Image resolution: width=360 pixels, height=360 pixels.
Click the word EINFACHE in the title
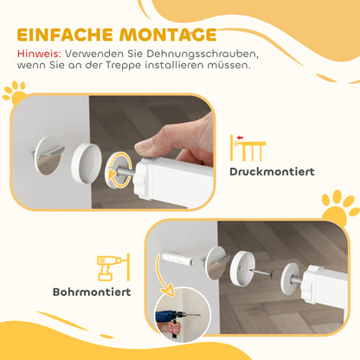(x=64, y=35)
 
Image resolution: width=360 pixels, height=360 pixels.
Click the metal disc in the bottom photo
(x=216, y=262)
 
